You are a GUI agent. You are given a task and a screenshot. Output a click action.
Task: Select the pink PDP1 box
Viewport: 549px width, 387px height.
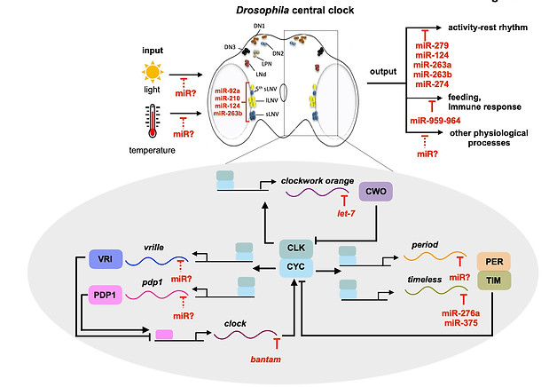tap(100, 294)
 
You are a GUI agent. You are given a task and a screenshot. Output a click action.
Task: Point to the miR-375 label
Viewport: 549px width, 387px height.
tap(460, 324)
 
